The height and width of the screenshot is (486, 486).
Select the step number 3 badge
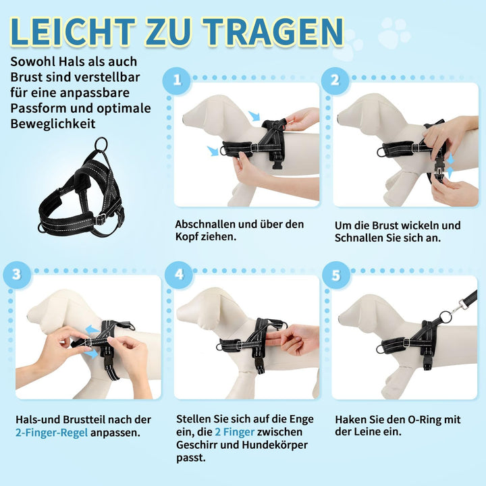(17, 275)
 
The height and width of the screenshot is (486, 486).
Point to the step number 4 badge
(179, 275)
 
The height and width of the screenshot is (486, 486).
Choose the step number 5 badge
(336, 275)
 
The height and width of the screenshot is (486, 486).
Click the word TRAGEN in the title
(273, 32)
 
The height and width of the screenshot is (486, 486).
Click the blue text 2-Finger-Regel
(51, 433)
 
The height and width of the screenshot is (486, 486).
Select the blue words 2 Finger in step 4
(235, 432)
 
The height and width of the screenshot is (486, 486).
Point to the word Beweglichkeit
(53, 124)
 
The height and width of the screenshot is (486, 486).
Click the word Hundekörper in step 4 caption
(275, 445)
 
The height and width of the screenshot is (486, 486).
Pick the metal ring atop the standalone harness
(101, 144)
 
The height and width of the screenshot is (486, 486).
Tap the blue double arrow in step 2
(450, 166)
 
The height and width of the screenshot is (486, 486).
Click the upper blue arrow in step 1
(254, 115)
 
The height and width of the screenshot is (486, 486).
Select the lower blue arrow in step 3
(92, 354)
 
